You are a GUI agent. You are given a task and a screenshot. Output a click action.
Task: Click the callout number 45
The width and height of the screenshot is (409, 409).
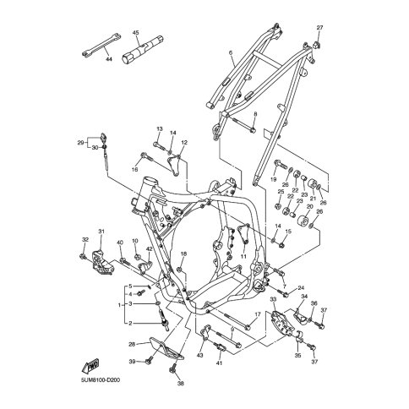coord(135,33)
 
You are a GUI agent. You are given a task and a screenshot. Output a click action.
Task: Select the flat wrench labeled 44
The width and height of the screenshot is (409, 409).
coord(101,45)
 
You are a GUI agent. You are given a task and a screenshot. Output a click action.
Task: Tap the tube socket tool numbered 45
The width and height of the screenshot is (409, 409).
coord(143,49)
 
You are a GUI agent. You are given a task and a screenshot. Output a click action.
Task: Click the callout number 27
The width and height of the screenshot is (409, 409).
coord(319,28)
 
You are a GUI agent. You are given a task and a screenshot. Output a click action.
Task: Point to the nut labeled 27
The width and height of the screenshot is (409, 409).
coord(317,44)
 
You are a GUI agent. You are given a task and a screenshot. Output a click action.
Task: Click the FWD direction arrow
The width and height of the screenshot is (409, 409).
coord(90,366)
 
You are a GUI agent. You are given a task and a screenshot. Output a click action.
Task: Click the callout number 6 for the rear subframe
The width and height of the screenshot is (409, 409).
coord(231,52)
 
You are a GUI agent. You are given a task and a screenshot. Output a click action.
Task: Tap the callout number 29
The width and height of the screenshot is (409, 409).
coord(80,143)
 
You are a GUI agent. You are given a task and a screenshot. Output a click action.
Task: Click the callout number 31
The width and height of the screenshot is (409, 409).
coord(101,232)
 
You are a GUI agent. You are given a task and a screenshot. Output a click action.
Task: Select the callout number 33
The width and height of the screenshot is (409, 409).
coord(273,298)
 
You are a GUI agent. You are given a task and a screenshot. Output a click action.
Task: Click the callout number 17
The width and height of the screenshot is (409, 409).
coord(258,314)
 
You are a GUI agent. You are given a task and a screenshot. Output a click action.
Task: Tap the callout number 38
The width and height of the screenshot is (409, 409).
coord(181,383)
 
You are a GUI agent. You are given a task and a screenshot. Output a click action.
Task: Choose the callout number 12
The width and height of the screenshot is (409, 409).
coord(184,143)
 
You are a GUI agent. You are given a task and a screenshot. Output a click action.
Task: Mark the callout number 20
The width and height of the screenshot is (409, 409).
coord(309,206)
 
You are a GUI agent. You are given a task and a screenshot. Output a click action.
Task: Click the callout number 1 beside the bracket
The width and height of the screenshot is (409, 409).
coord(119,305)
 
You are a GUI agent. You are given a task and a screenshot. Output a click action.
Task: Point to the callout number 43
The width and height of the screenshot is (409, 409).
coord(199,356)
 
